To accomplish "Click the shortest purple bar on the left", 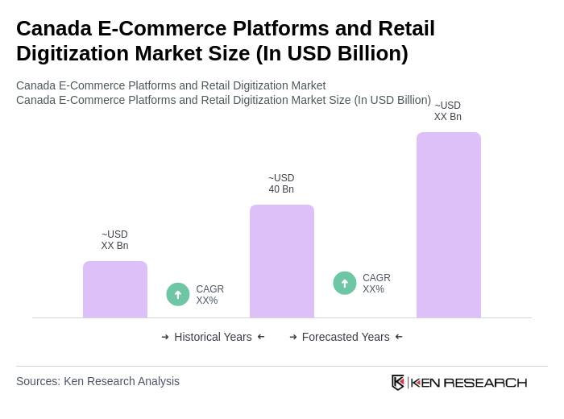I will (115, 289).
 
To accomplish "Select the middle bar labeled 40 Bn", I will (281, 261).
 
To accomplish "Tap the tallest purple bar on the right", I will (448, 225).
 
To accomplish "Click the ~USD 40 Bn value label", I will (281, 184).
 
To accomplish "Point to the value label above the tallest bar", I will (448, 111).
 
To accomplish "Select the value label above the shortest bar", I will (114, 240).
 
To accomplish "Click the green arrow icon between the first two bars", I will (178, 294).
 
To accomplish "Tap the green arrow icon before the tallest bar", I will (345, 283).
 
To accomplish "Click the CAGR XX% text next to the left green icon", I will (209, 295).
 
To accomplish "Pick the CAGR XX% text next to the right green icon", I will (376, 284).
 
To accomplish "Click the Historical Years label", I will (213, 337).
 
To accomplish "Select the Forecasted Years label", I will (346, 337).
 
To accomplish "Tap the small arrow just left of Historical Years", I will (165, 337).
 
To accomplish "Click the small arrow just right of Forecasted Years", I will (399, 337).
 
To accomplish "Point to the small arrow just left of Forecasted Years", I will (293, 337).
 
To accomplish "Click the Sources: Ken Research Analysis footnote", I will (97, 381).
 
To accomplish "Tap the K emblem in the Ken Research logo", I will (398, 382).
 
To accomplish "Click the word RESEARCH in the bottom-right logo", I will (485, 382).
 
